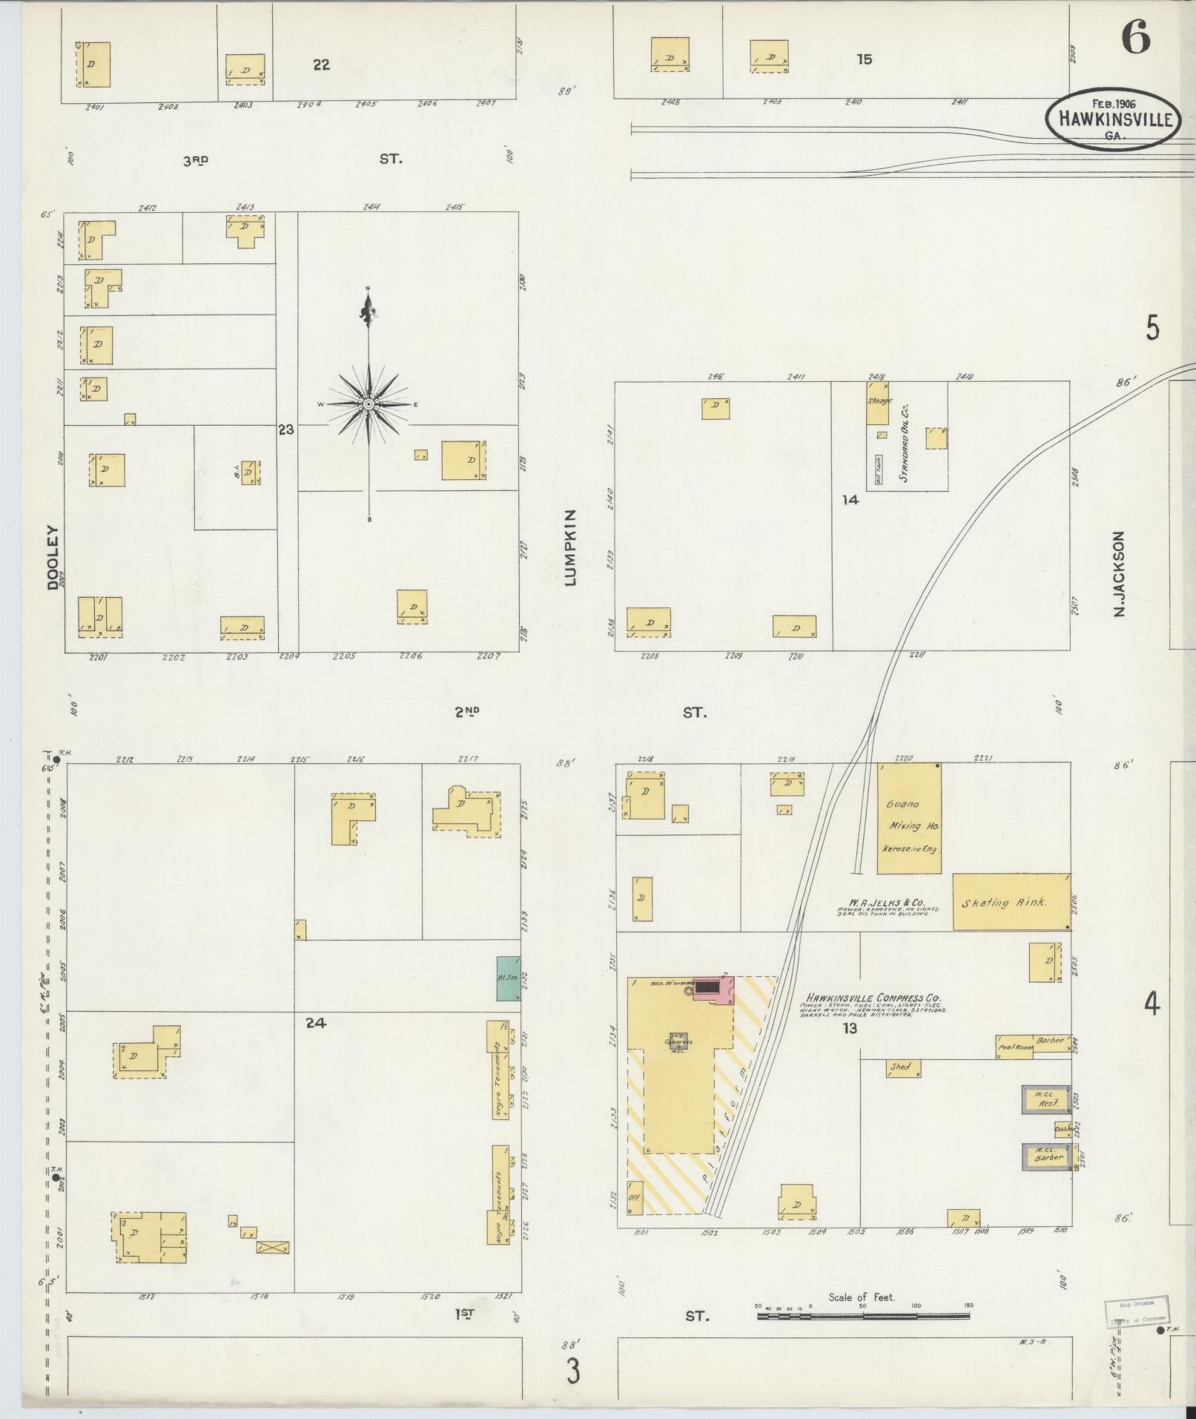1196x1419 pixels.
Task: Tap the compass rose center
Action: coord(369,404)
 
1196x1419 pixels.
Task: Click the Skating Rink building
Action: coord(1010,902)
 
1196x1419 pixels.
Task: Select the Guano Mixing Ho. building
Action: coord(909,818)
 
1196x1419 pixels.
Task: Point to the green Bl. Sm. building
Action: coord(508,978)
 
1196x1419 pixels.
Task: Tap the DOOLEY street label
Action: coord(53,557)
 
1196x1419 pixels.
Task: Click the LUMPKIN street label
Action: coord(569,548)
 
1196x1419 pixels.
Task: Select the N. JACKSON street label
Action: coord(1119,573)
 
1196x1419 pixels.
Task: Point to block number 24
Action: coord(316,1023)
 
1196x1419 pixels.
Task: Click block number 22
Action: coord(320,65)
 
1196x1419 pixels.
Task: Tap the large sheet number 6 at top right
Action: coord(1134,37)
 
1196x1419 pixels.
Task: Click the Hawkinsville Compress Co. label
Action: coord(873,998)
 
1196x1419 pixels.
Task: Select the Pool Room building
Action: coord(1014,1047)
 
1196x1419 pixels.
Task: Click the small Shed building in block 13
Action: coord(903,1068)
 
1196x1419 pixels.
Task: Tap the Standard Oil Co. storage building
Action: coord(878,402)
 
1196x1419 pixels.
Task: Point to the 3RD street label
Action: coord(196,159)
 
